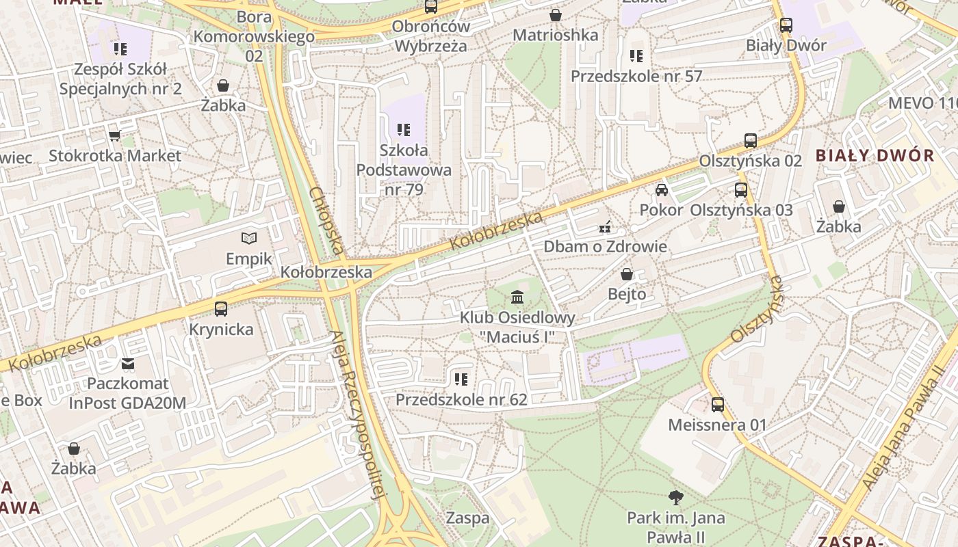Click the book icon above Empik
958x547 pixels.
[x=250, y=238]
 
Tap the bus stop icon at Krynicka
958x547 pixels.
[x=220, y=308]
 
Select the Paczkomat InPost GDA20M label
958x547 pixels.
[x=127, y=393]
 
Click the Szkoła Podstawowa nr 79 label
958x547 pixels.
[x=404, y=170]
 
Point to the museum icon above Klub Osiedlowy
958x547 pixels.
[x=517, y=297]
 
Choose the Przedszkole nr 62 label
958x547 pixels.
[x=461, y=399]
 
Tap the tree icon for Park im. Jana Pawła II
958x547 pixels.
[x=676, y=497]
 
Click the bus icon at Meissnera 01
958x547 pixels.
[x=717, y=404]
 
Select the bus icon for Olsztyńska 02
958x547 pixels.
[x=751, y=141]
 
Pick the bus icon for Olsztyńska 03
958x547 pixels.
[x=741, y=189]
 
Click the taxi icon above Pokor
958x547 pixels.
[x=661, y=189]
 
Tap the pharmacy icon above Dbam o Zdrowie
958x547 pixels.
[x=605, y=226]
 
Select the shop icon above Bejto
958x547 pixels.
[x=626, y=274]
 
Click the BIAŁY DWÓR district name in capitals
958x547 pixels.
[x=875, y=155]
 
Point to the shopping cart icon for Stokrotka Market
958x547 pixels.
[x=114, y=135]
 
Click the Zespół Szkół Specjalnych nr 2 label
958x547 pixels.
[x=120, y=79]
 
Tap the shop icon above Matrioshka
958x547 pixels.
[x=555, y=14]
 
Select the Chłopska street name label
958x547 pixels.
[x=326, y=220]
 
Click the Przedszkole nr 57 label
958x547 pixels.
[x=636, y=76]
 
